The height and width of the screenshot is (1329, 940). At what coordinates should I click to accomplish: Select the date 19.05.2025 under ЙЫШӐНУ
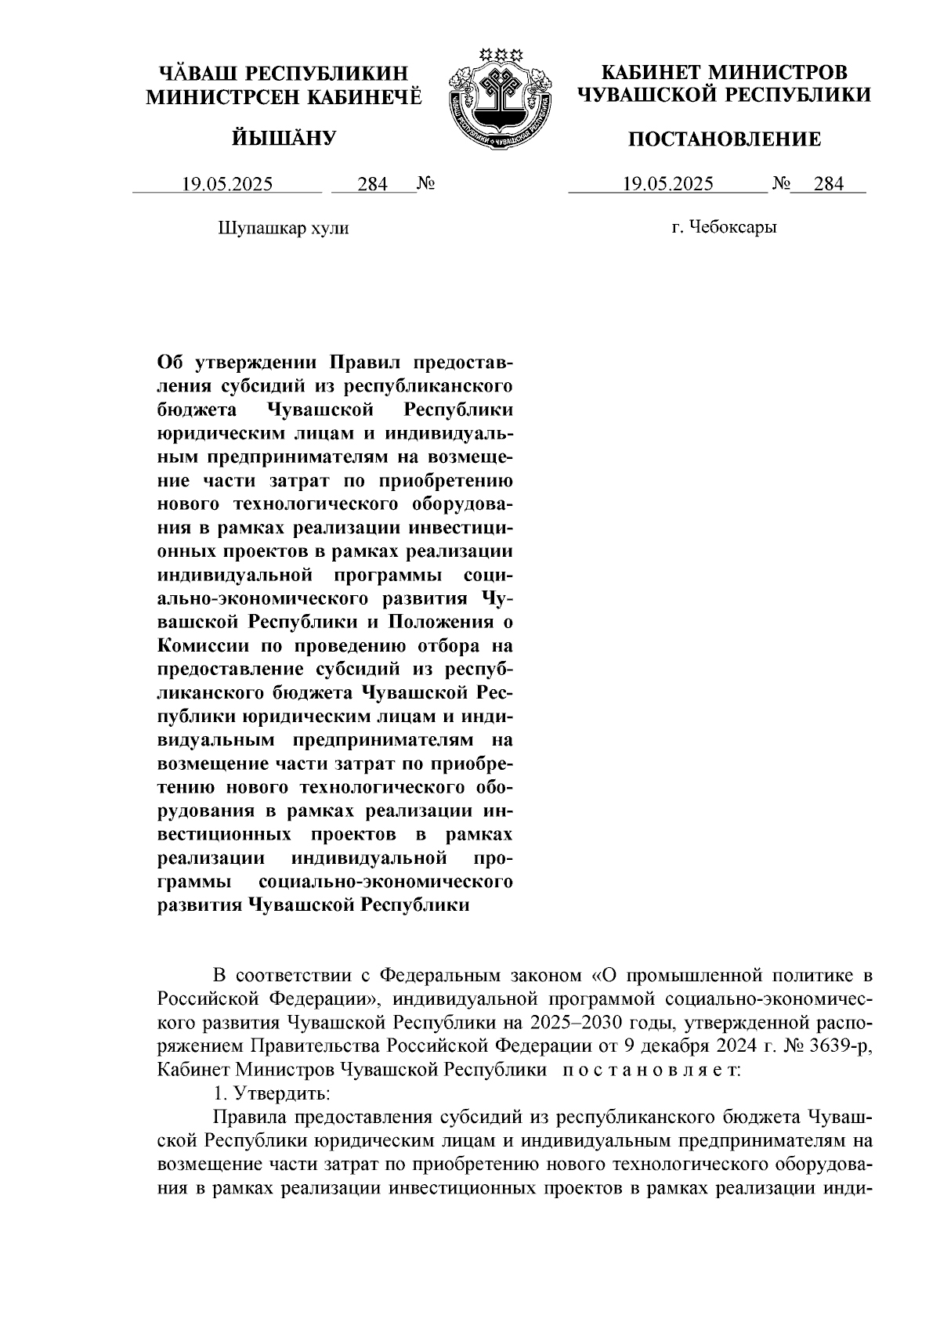[x=227, y=185]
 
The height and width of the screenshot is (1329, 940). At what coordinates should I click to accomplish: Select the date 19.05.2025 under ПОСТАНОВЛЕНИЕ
[x=667, y=185]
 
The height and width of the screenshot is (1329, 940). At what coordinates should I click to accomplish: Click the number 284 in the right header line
[x=829, y=185]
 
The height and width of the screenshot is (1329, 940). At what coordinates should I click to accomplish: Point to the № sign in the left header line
[x=426, y=185]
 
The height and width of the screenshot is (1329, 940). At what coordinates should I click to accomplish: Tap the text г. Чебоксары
[x=724, y=229]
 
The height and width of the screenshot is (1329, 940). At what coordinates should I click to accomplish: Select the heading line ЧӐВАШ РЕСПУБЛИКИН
[x=284, y=74]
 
